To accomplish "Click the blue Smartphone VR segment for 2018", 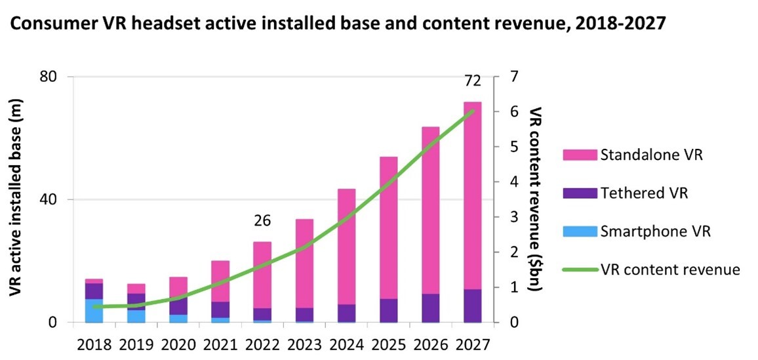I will coord(94,311).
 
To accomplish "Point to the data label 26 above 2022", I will coord(262,221).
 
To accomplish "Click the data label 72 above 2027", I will coord(472,81).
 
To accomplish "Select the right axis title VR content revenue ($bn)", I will coord(535,199).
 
